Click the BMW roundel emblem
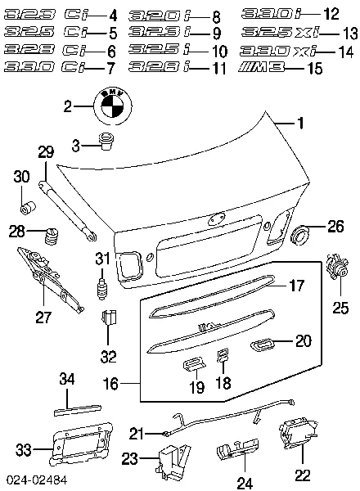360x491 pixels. (113, 106)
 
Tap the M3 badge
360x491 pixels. (261, 67)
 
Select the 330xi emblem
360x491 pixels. (278, 52)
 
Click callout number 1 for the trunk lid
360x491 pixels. (300, 123)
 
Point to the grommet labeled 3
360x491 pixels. (106, 142)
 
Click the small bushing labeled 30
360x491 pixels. (28, 208)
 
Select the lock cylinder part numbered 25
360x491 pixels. (337, 267)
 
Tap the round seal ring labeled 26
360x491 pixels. (299, 235)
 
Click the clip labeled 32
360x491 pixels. (109, 318)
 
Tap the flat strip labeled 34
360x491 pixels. (78, 410)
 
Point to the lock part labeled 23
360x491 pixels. (173, 462)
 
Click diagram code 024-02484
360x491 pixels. (37, 480)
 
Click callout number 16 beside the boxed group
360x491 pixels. (110, 383)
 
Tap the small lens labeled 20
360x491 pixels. (262, 344)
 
